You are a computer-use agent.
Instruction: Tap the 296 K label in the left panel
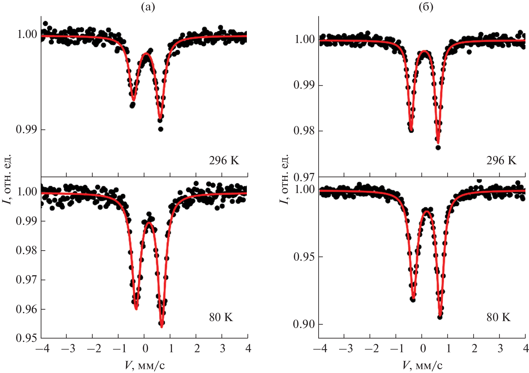tap(224, 160)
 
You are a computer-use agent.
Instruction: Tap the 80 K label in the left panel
tap(221, 317)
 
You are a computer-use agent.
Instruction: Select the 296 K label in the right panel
tap(501, 160)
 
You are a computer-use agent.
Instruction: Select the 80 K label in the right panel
tap(498, 317)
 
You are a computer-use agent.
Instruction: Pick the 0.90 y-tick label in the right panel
tap(304, 324)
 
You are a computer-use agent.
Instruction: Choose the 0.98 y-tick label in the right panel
tap(304, 131)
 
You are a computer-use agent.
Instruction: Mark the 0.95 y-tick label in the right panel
tap(304, 256)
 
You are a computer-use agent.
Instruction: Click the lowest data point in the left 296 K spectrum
tap(161, 129)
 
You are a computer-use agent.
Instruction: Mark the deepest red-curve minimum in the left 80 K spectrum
tap(162, 327)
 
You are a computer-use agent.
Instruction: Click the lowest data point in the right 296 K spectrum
tap(438, 147)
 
